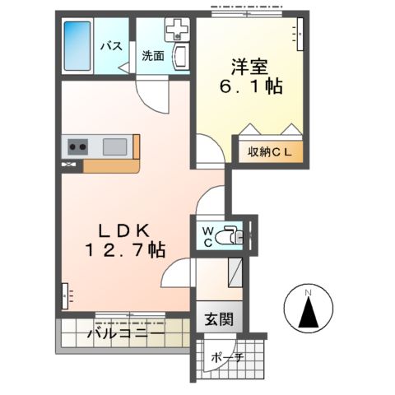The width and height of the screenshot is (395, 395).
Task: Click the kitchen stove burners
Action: (78, 147)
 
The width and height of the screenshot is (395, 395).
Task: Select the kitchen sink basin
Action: (114, 146)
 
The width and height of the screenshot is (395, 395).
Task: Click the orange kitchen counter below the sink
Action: (111, 164)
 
